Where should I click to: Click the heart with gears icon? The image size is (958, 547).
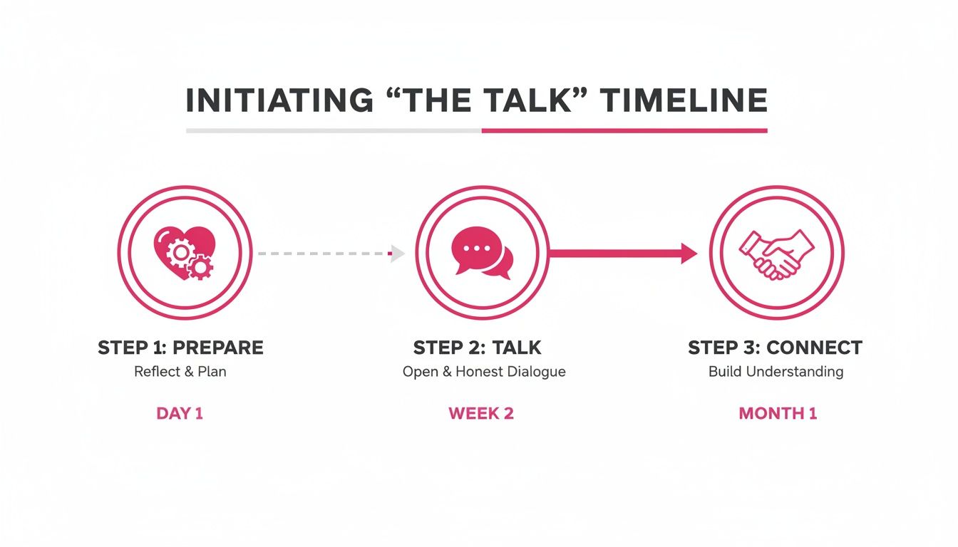tap(184, 252)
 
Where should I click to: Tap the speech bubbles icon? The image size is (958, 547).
tap(482, 252)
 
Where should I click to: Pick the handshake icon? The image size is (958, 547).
tap(776, 253)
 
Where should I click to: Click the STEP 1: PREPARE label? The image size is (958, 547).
tap(180, 348)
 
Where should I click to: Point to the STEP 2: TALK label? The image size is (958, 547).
tap(477, 348)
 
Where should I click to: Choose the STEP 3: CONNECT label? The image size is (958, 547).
tap(775, 348)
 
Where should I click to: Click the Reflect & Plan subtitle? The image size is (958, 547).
tap(180, 372)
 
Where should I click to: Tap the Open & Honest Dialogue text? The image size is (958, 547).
tap(484, 372)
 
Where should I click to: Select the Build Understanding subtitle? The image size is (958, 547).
tap(776, 372)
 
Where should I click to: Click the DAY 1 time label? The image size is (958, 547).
tap(180, 414)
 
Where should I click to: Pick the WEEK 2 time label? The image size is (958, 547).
tap(481, 414)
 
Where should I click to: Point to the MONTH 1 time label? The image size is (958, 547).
tap(778, 414)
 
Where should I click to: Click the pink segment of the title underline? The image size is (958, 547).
tap(624, 131)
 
